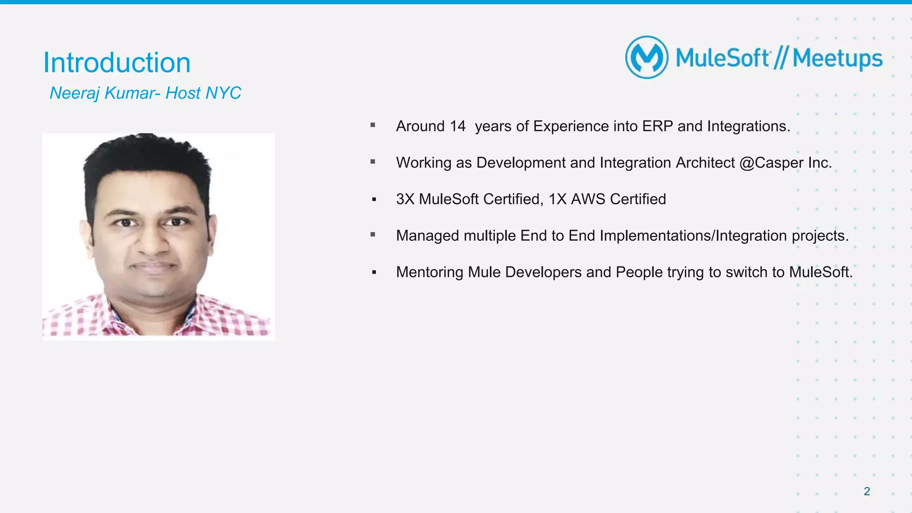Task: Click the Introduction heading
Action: (x=117, y=63)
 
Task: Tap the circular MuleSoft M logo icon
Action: (x=647, y=57)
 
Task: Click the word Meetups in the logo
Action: (x=837, y=59)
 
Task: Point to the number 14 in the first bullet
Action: (x=457, y=126)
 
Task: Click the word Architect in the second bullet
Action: (x=705, y=163)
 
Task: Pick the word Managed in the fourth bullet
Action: (x=427, y=236)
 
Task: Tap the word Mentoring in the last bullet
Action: (x=429, y=272)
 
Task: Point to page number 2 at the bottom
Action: (x=867, y=491)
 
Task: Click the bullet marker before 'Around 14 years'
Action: (x=373, y=126)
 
